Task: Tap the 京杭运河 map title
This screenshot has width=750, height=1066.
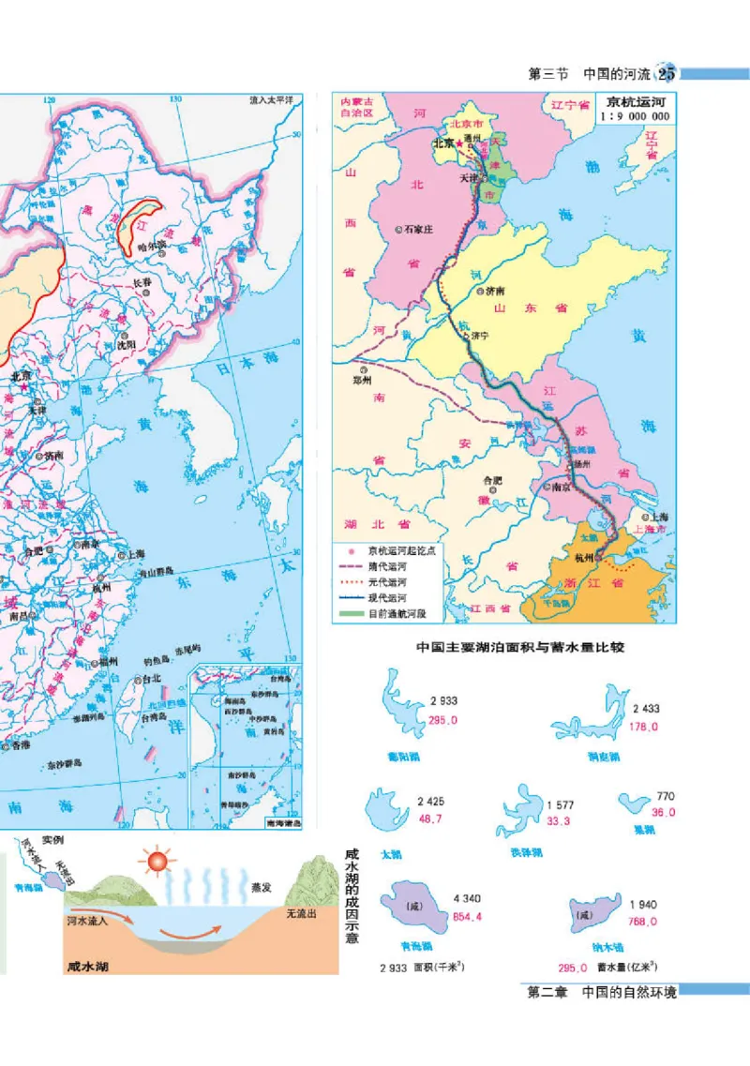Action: (637, 102)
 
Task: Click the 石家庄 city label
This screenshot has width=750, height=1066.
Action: (416, 228)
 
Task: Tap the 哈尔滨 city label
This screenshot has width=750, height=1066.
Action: (150, 246)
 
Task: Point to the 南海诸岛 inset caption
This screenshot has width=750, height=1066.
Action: (282, 823)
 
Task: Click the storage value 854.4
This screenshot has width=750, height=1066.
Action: (442, 917)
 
